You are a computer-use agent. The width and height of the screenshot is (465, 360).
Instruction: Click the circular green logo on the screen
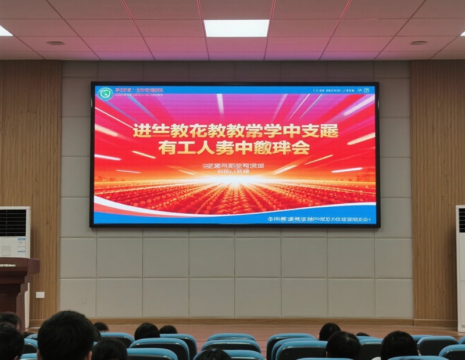[105, 93]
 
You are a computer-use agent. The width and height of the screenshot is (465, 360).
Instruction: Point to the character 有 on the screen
[167, 149]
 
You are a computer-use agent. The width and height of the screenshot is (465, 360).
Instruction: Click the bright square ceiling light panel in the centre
[237, 28]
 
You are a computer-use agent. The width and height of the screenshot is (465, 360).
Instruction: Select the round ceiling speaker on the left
[55, 43]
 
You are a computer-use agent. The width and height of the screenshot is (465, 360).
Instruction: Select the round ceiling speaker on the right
[418, 42]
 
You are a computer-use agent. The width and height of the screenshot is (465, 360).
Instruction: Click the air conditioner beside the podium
[15, 232]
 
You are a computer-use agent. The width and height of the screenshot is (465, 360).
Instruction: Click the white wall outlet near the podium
[40, 294]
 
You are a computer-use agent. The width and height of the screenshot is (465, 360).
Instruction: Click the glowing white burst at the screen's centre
[235, 181]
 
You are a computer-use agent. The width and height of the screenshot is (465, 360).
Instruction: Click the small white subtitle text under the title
[233, 167]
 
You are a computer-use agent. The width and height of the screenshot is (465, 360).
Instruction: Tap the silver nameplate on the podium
[7, 265]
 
